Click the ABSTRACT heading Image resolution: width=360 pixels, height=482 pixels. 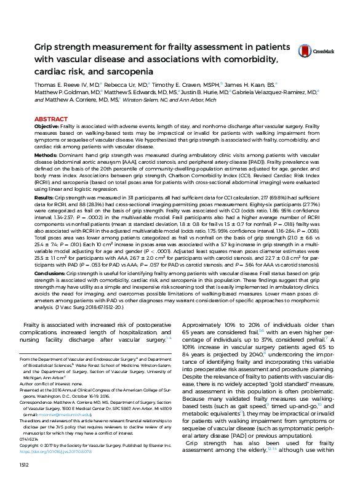[x=51, y=118]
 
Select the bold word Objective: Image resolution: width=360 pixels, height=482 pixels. [x=47, y=126]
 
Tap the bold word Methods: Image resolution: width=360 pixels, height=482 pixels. [x=46, y=156]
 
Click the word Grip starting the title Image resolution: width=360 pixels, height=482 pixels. [x=45, y=47]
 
